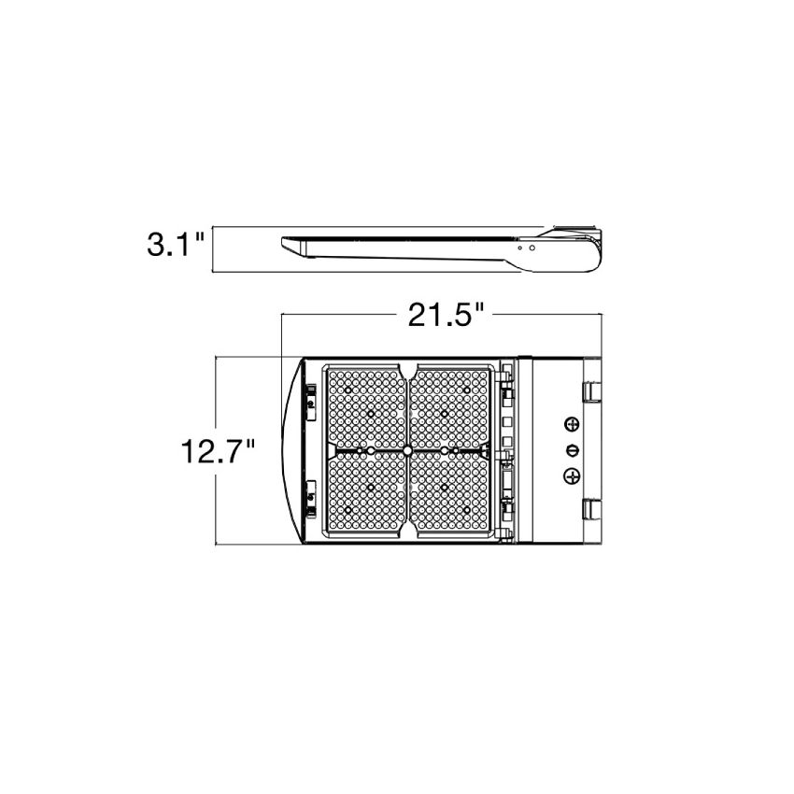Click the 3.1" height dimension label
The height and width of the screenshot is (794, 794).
[x=176, y=244]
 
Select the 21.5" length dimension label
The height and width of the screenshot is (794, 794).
[x=447, y=315]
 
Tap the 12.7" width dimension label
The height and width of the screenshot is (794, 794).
[x=218, y=451]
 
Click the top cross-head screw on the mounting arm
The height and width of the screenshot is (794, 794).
[x=572, y=424]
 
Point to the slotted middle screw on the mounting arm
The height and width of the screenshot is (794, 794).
[x=572, y=449]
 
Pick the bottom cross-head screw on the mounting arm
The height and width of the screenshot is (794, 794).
[x=572, y=475]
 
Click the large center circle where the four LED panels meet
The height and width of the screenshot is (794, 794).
[x=407, y=450]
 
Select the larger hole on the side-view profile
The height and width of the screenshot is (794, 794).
[x=532, y=248]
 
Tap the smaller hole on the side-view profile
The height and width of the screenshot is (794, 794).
[x=520, y=248]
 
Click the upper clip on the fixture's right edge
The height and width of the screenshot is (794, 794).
[x=591, y=392]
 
